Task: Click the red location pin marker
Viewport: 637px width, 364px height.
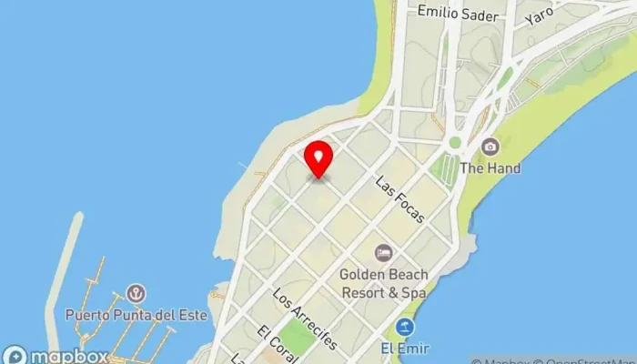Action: (x=318, y=158)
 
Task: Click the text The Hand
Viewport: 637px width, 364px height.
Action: (x=490, y=168)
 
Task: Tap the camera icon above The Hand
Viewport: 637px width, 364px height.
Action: (x=490, y=147)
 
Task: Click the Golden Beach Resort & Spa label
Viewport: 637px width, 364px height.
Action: (x=384, y=282)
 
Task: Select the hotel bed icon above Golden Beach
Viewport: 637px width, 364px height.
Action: (x=384, y=251)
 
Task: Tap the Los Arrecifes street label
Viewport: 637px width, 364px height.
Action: (x=305, y=319)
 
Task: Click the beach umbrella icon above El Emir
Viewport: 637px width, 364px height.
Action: (x=405, y=327)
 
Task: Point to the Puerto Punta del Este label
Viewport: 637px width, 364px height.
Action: (x=136, y=315)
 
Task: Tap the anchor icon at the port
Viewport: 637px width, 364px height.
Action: (x=136, y=293)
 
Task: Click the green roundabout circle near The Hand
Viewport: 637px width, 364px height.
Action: (x=455, y=143)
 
